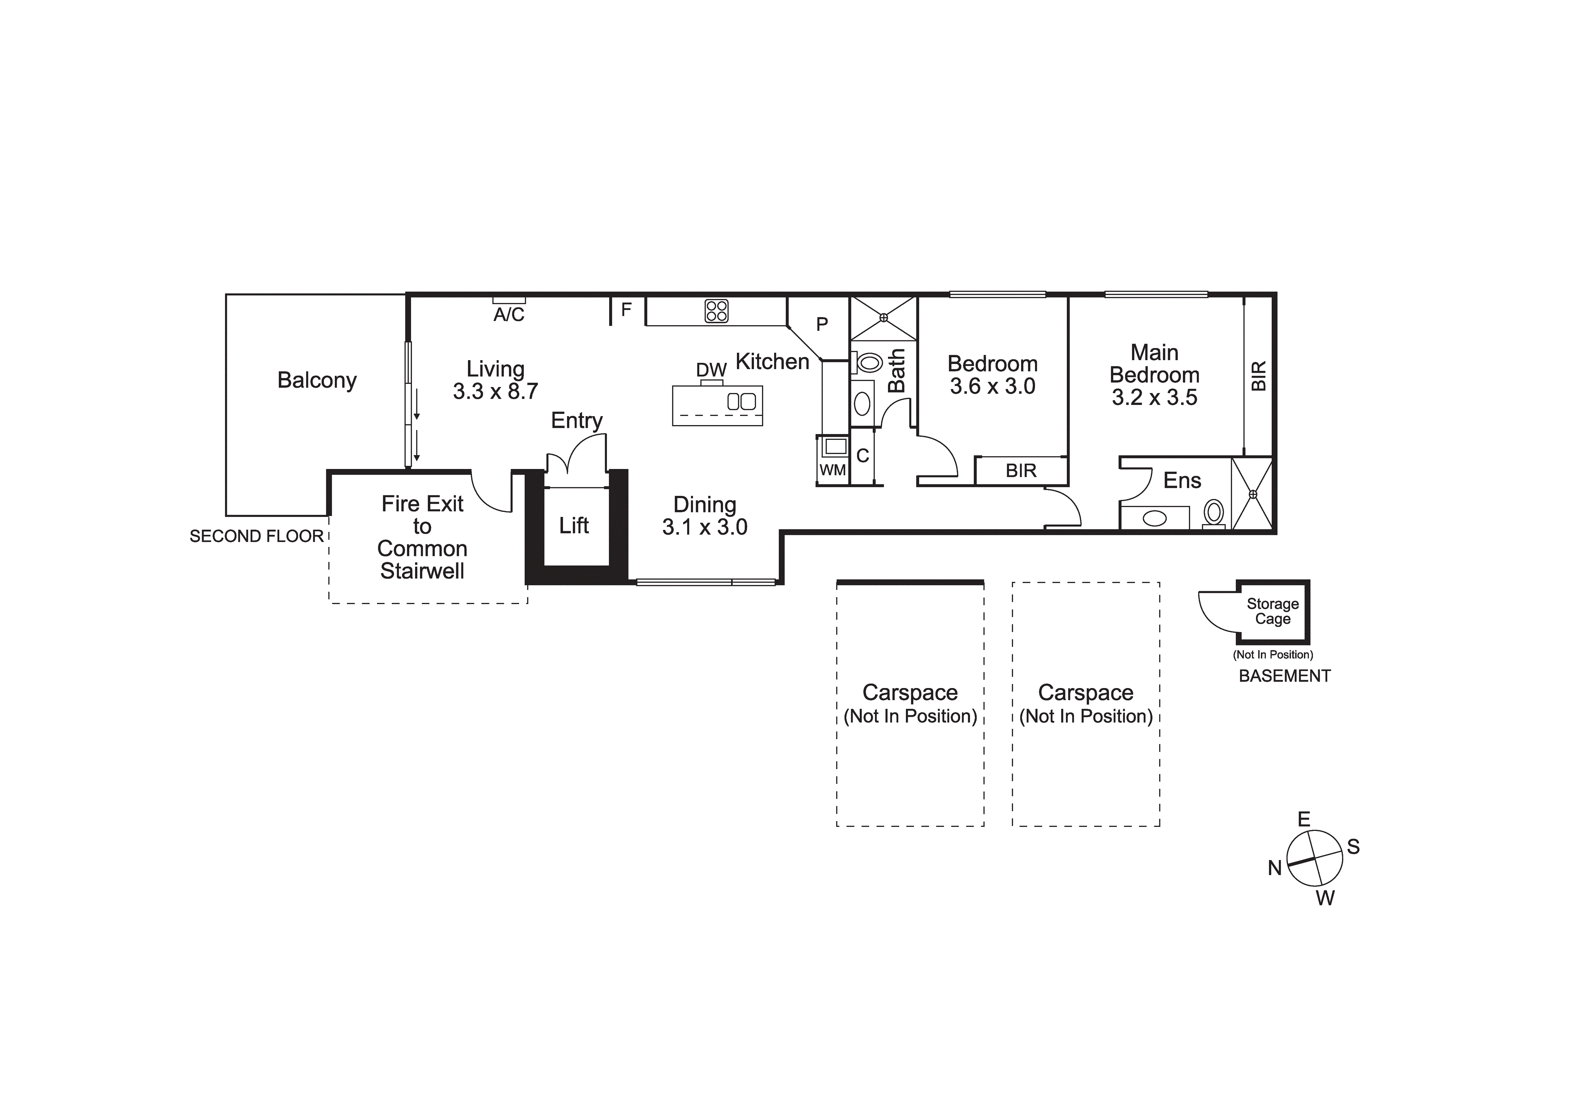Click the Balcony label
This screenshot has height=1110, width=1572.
pyautogui.click(x=317, y=380)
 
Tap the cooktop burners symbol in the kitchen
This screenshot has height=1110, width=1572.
pyautogui.click(x=716, y=311)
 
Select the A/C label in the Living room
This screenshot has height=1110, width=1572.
pyautogui.click(x=509, y=315)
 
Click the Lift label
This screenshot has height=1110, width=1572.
pyautogui.click(x=574, y=525)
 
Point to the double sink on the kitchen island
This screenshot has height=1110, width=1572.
pyautogui.click(x=741, y=402)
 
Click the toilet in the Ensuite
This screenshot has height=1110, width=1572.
pyautogui.click(x=1214, y=512)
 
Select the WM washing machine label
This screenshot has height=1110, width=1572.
pyautogui.click(x=832, y=471)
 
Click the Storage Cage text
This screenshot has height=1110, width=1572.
pyautogui.click(x=1273, y=611)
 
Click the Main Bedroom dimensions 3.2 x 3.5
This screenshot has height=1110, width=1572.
pyautogui.click(x=1154, y=398)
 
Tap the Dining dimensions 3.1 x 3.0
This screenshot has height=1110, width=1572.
pyautogui.click(x=705, y=527)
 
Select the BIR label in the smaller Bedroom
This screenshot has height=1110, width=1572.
pyautogui.click(x=1021, y=471)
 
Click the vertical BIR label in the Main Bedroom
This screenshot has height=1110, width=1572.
pyautogui.click(x=1258, y=376)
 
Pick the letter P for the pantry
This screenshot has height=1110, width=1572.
pyautogui.click(x=822, y=324)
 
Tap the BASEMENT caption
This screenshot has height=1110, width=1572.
pyautogui.click(x=1284, y=676)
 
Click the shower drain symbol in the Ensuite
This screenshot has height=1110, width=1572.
pyautogui.click(x=1253, y=494)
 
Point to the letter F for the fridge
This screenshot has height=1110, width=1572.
pyautogui.click(x=626, y=310)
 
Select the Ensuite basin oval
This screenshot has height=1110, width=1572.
pyautogui.click(x=1154, y=519)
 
